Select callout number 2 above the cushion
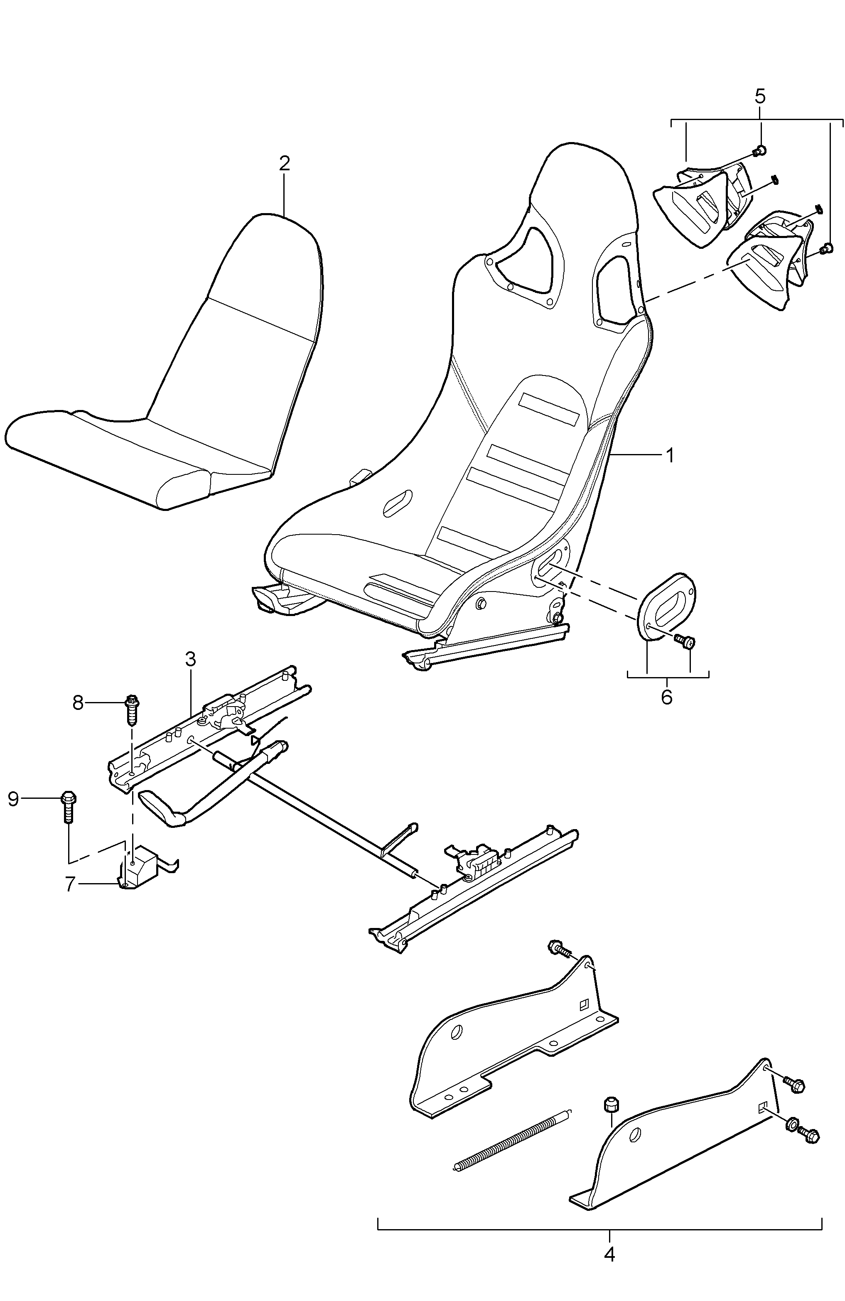(x=284, y=163)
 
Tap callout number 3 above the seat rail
(x=190, y=659)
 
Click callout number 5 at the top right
(x=760, y=96)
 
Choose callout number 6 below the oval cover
(x=667, y=697)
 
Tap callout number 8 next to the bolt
(x=78, y=702)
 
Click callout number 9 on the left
(x=13, y=799)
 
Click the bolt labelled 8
(x=132, y=709)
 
